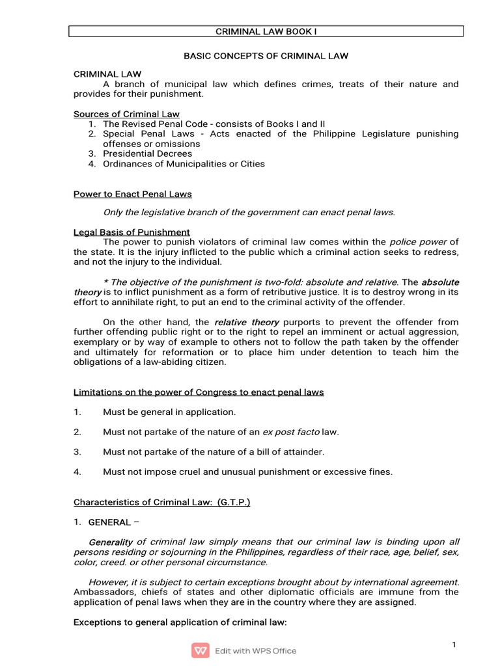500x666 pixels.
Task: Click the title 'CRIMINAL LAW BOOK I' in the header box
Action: (x=266, y=31)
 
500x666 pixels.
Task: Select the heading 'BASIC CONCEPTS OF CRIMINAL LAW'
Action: (x=266, y=56)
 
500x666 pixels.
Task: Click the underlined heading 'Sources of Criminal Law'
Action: (x=126, y=114)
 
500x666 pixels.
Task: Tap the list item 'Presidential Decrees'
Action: (x=147, y=154)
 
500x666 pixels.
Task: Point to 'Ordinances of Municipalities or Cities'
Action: (x=184, y=164)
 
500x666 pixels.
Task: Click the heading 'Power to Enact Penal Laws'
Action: (x=132, y=194)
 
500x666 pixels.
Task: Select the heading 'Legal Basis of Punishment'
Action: (x=132, y=232)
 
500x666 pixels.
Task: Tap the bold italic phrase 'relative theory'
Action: (x=246, y=322)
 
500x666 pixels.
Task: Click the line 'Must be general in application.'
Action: (x=169, y=412)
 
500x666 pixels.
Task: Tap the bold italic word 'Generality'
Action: (x=111, y=542)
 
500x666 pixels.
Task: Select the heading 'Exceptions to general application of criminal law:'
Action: (x=180, y=622)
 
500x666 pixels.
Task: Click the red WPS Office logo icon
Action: (x=200, y=650)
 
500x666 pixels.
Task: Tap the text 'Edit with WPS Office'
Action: (x=255, y=650)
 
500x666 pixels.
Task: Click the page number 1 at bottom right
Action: (x=454, y=644)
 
